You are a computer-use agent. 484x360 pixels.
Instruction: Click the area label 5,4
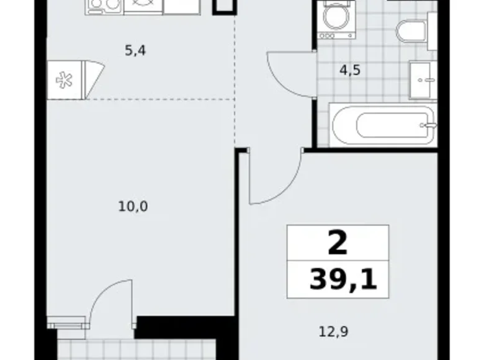[x=136, y=51]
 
